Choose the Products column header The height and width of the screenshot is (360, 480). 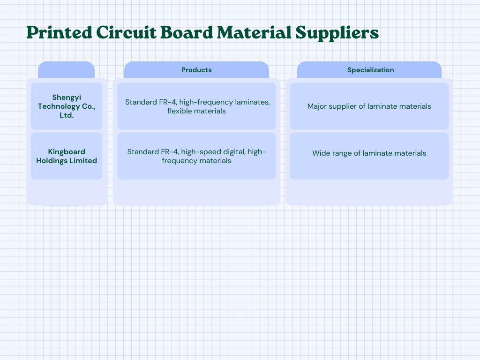(x=196, y=70)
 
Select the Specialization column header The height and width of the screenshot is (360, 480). (x=370, y=70)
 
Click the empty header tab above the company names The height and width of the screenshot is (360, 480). (x=66, y=70)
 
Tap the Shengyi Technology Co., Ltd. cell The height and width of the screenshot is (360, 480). (x=67, y=106)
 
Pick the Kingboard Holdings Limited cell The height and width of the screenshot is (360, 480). (x=67, y=156)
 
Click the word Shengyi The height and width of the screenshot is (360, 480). (x=67, y=97)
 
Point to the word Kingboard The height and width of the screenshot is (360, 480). (x=67, y=152)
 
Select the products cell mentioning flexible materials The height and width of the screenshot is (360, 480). (x=196, y=106)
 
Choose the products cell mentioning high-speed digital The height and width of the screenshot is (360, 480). (x=196, y=156)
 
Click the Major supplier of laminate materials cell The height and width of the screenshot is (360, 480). (x=369, y=106)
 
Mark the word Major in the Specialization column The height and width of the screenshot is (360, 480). (x=317, y=106)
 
